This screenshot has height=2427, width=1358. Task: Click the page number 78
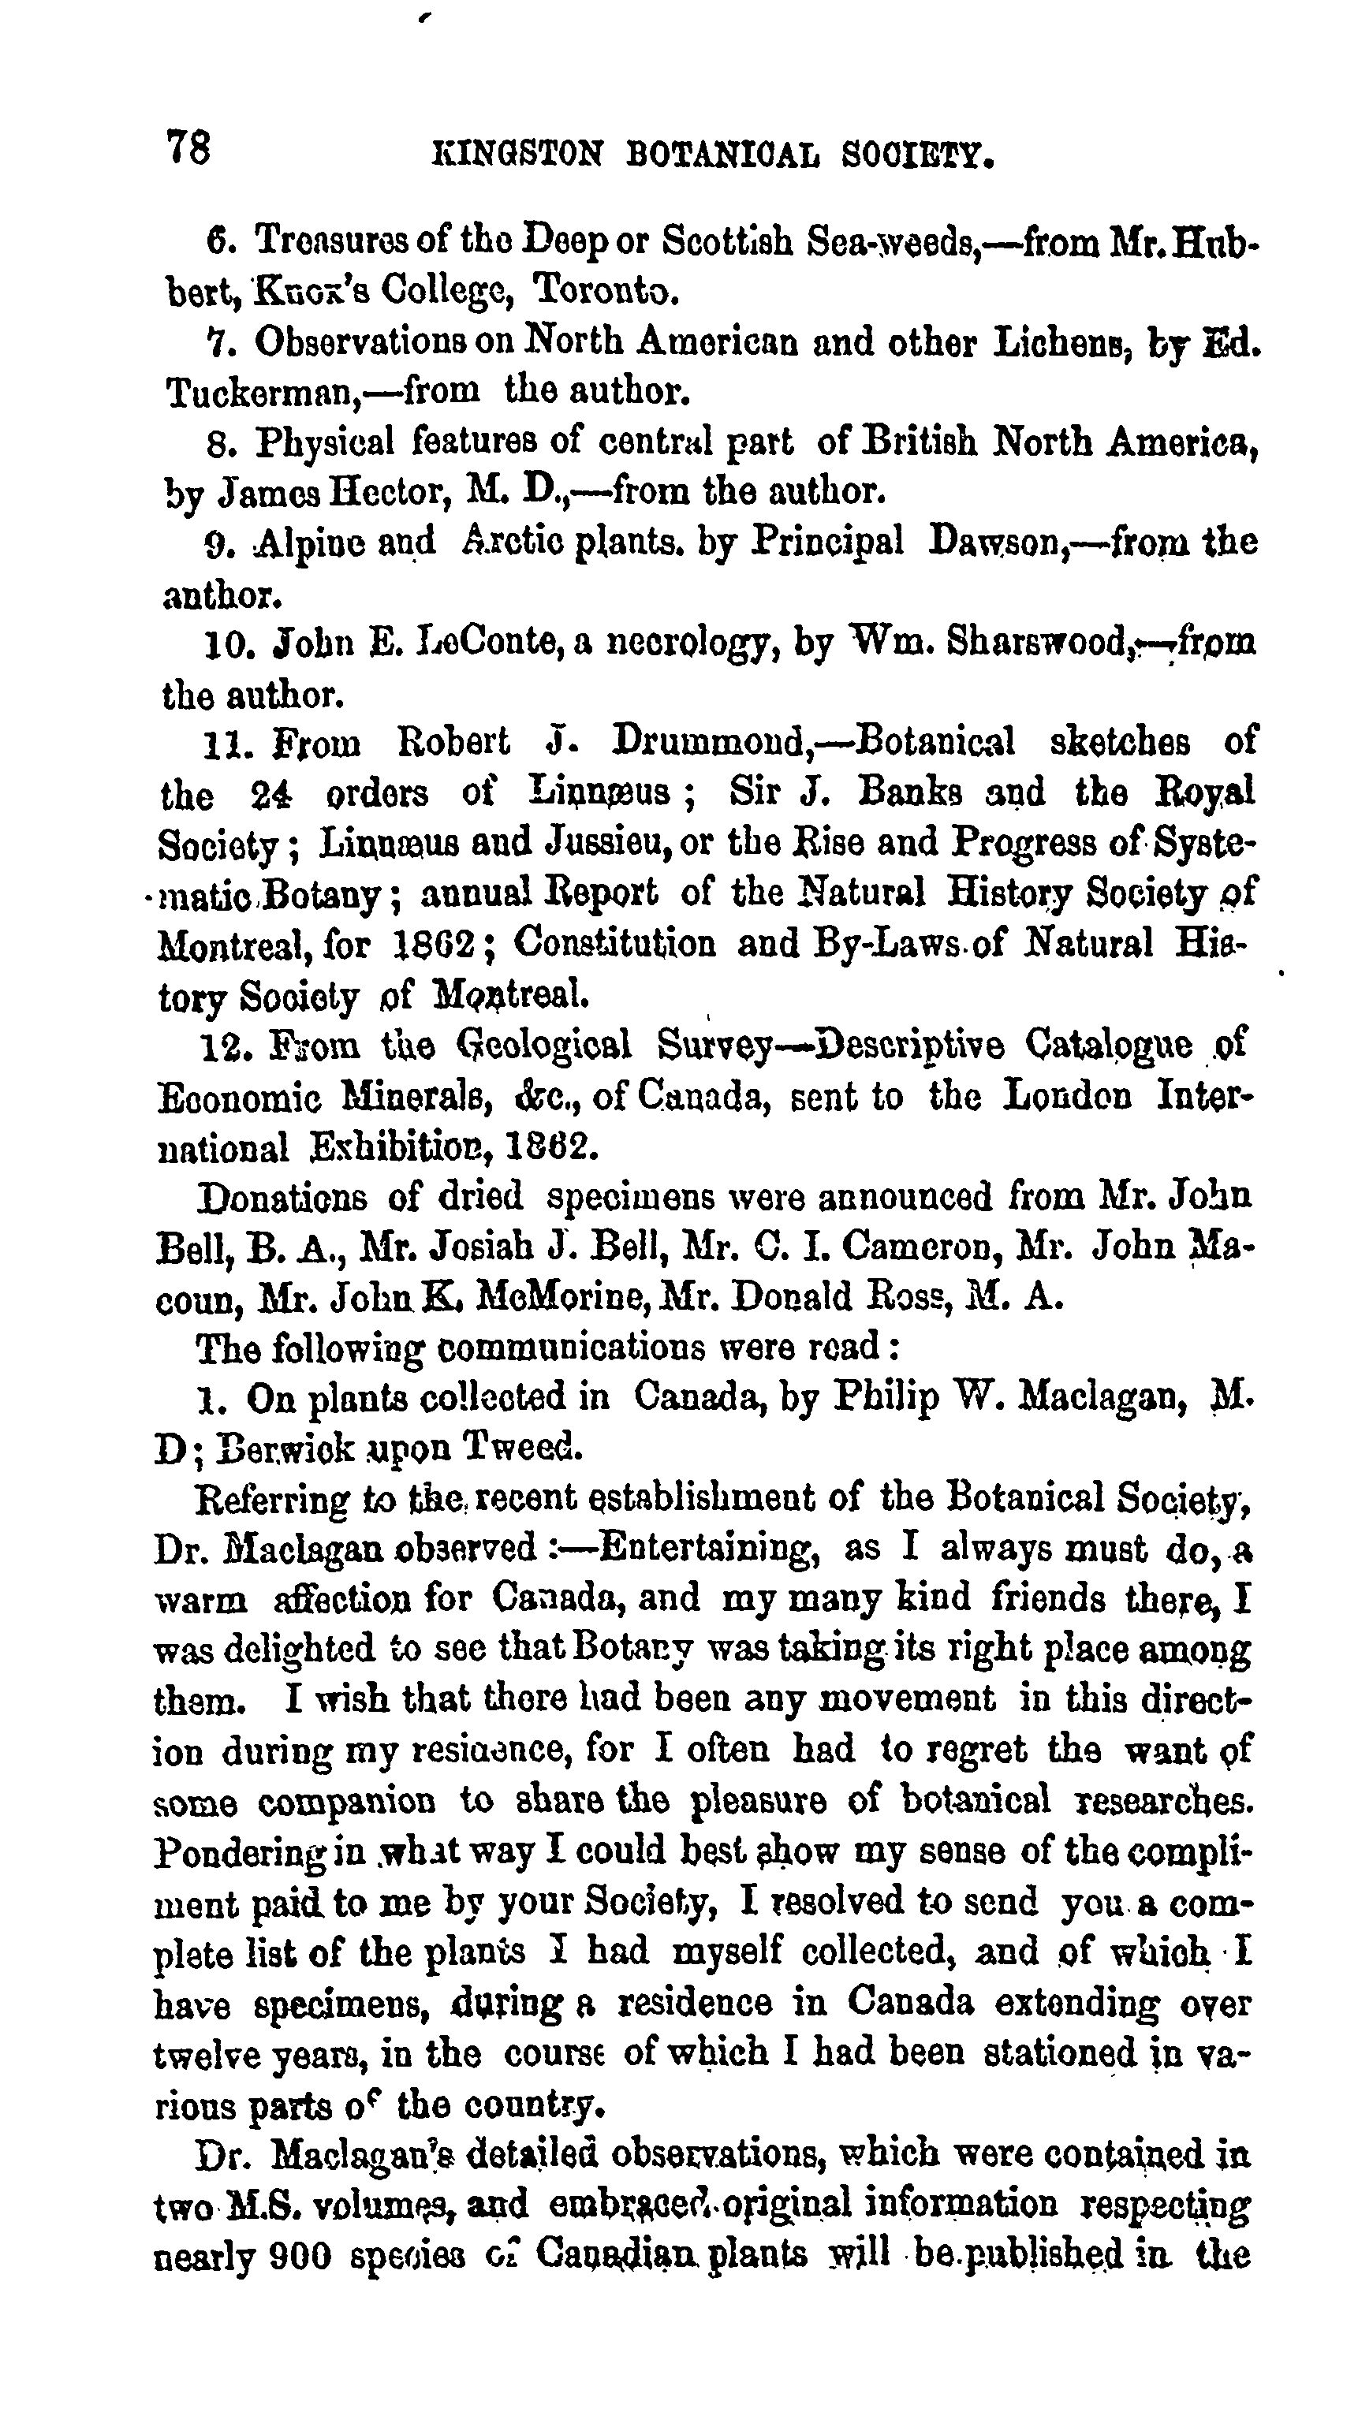tap(188, 148)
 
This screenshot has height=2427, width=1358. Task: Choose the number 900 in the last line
tap(299, 2257)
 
